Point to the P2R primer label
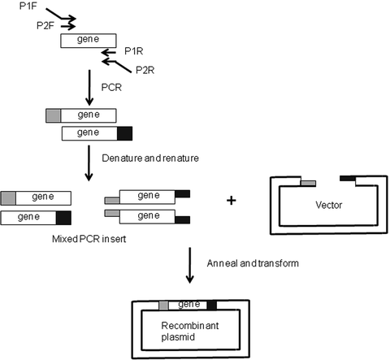click(x=145, y=69)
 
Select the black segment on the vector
click(x=347, y=177)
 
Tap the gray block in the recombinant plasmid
click(x=163, y=305)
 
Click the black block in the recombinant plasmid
click(x=212, y=305)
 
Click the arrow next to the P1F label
click(x=63, y=15)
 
